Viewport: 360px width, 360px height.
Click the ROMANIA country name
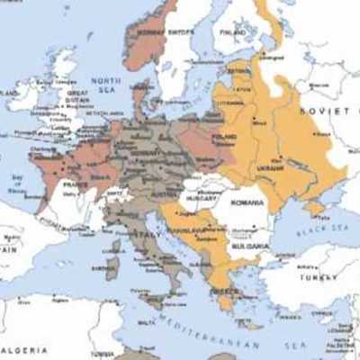point(247,203)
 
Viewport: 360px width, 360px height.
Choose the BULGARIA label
point(246,244)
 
